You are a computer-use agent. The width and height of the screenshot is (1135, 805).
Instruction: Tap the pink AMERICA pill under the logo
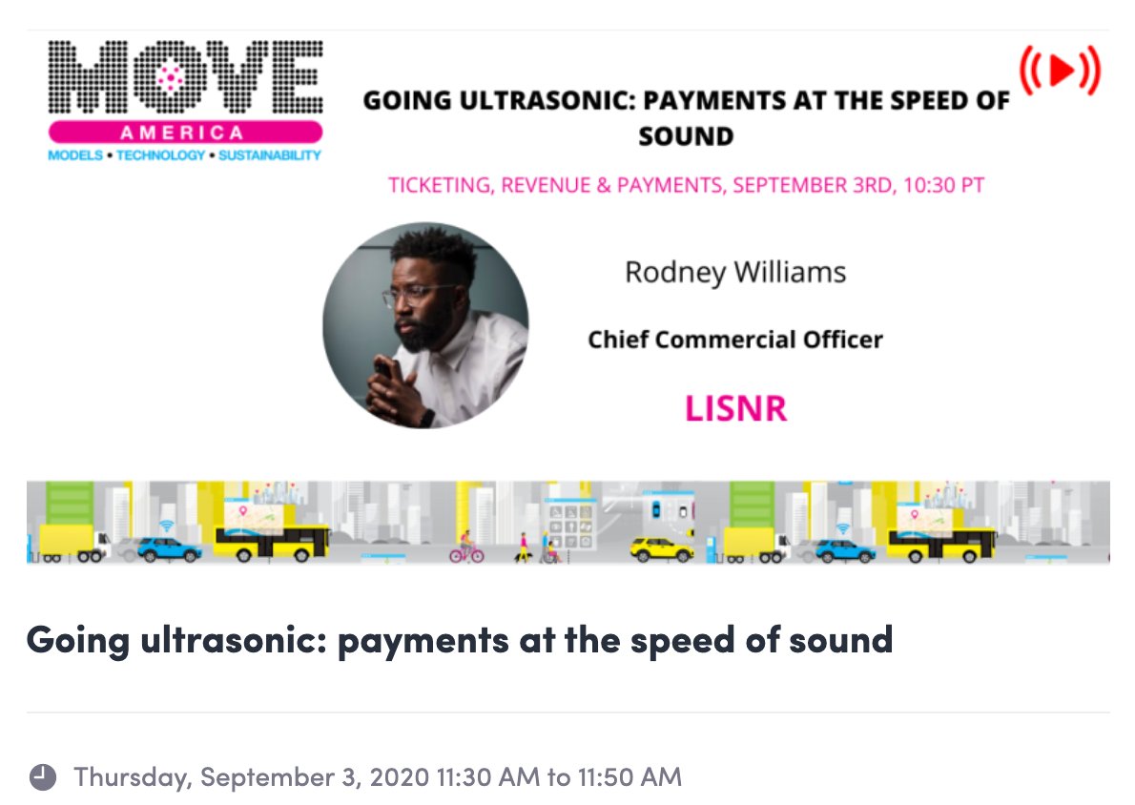point(185,133)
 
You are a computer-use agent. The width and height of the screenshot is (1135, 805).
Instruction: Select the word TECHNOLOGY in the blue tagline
point(160,155)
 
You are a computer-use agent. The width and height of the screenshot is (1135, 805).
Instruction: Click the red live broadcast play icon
point(1060,70)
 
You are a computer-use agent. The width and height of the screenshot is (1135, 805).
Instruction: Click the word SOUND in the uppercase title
point(686,135)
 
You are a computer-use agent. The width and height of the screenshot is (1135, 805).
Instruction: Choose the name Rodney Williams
point(735,273)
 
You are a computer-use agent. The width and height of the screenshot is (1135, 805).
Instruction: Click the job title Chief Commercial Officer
point(735,339)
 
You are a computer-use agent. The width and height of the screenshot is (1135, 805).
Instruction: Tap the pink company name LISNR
point(735,408)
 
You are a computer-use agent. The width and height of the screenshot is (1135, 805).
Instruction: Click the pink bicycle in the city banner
point(466,551)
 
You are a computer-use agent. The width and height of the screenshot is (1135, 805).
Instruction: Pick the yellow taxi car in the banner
point(662,550)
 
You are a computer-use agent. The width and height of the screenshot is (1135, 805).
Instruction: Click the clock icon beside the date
point(42,777)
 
